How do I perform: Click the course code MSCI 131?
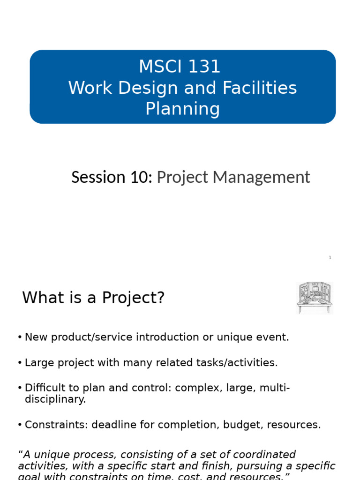click(180, 67)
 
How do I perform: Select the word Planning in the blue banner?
click(182, 109)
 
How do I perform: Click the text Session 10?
click(112, 177)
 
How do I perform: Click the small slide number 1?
click(330, 258)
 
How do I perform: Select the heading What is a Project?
click(93, 298)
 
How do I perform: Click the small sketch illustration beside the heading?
click(315, 298)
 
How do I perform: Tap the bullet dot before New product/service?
click(20, 337)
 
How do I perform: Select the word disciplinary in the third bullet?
click(55, 399)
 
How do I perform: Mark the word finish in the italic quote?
click(199, 466)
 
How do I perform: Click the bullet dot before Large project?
click(20, 363)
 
